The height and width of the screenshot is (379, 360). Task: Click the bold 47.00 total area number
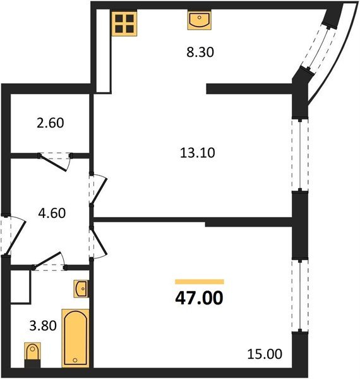[x=199, y=298]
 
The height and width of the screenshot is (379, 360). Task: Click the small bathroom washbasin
[x=81, y=289]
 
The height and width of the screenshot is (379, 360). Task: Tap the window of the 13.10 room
[x=297, y=155]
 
